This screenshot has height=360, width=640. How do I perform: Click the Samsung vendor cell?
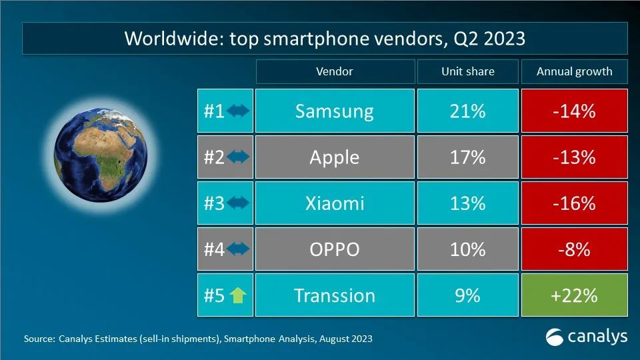(x=334, y=111)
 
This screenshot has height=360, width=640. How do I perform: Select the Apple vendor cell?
(x=334, y=157)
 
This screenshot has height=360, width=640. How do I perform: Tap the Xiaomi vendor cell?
(x=334, y=203)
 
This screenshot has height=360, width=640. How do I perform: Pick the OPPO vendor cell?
(x=334, y=249)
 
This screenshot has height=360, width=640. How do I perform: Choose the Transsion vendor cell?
(x=334, y=295)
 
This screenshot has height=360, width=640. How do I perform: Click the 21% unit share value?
(x=467, y=111)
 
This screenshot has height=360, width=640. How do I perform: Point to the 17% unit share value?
(x=467, y=157)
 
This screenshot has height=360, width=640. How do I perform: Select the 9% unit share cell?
(x=467, y=295)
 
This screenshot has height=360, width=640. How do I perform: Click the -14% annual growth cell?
(x=574, y=111)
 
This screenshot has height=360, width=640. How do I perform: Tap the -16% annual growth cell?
(x=574, y=203)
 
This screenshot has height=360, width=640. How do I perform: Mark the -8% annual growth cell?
(x=574, y=249)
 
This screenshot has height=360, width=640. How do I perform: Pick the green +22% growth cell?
(x=574, y=295)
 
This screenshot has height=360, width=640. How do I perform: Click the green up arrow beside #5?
(x=238, y=295)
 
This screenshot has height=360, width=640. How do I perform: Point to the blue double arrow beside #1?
(x=238, y=111)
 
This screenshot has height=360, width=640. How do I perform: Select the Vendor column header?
(x=334, y=71)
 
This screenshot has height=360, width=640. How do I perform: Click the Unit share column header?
(x=467, y=71)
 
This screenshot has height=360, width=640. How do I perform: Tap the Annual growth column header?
(x=574, y=71)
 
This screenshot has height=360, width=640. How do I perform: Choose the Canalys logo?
(x=586, y=337)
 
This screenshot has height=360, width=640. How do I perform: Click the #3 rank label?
(x=214, y=203)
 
